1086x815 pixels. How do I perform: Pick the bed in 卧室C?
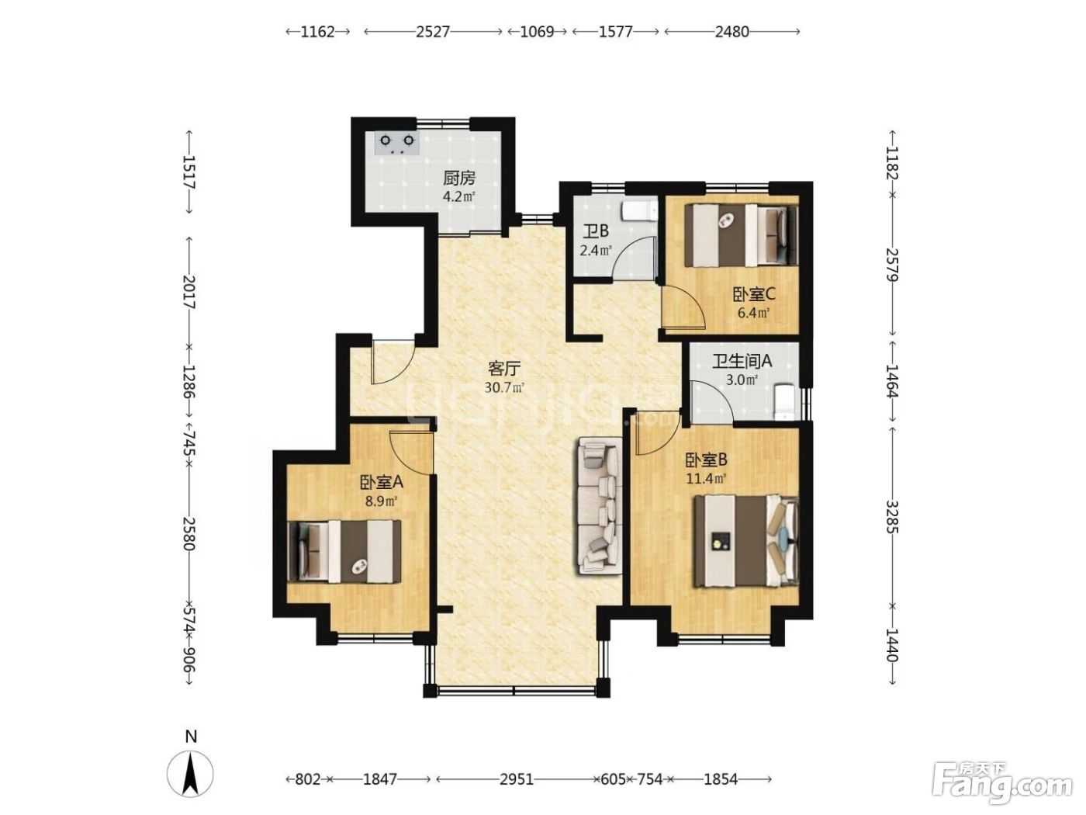[x=741, y=236]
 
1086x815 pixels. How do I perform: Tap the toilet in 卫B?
[x=639, y=210]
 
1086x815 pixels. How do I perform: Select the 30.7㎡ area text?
[x=504, y=387]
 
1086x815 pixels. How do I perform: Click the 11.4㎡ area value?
[x=706, y=478]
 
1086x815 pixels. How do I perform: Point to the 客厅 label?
[x=504, y=369]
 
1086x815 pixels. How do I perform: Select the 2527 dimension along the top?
[x=433, y=32]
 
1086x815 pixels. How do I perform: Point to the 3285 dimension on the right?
[x=892, y=517]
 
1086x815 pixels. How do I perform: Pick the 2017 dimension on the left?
[x=189, y=292]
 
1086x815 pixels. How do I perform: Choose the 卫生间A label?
[x=742, y=362]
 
